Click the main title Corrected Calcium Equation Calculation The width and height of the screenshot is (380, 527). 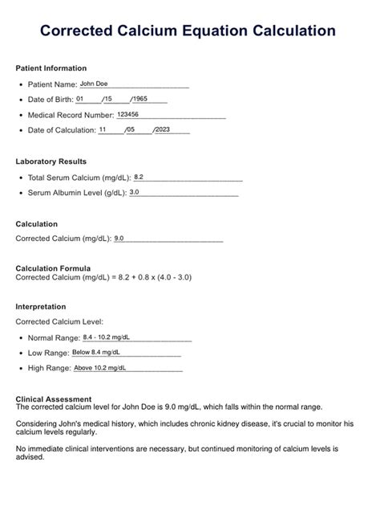188,31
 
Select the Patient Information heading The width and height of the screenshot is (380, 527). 51,68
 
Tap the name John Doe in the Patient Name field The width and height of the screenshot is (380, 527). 94,84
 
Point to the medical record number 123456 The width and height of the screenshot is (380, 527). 127,114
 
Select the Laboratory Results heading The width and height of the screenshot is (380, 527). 51,161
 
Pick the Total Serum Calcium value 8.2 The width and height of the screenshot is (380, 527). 139,177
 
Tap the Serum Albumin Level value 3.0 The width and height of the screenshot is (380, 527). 134,192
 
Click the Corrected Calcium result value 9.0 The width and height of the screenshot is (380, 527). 119,239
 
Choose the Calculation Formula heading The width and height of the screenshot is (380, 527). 53,268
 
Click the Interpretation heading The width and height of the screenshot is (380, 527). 41,307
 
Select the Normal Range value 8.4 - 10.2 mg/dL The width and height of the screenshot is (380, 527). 107,337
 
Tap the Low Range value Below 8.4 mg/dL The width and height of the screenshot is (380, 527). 97,353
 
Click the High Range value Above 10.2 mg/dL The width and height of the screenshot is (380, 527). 101,368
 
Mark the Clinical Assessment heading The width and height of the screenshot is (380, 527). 53,398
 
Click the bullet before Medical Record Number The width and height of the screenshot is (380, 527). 20,115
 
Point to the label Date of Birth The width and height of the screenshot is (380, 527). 50,100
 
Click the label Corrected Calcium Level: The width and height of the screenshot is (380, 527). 59,321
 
